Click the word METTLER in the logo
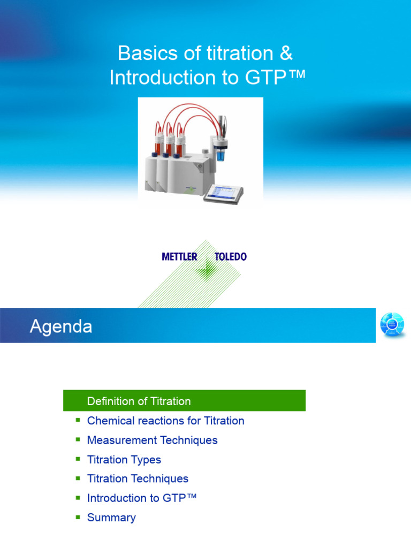click(x=179, y=257)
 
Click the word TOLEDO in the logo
click(x=231, y=257)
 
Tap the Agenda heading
click(x=60, y=326)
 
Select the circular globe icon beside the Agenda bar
click(x=392, y=325)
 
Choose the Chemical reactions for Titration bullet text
click(x=165, y=421)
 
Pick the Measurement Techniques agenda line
click(x=152, y=440)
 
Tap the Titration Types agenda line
click(x=124, y=459)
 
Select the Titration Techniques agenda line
click(x=138, y=478)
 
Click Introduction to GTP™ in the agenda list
click(x=142, y=498)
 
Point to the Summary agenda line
click(x=111, y=517)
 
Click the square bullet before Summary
click(x=78, y=517)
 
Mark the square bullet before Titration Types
click(x=78, y=459)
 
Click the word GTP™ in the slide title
click(x=276, y=78)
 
